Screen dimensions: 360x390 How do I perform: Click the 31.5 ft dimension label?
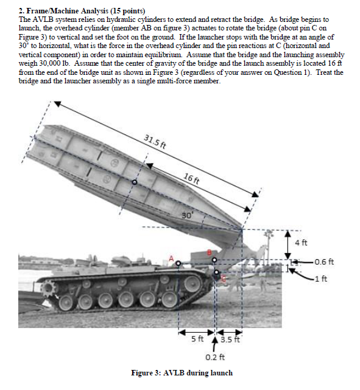click(155, 142)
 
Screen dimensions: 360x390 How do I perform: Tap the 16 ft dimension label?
click(191, 179)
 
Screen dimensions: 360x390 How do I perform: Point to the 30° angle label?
click(187, 215)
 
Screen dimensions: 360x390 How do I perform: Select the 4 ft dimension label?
click(302, 243)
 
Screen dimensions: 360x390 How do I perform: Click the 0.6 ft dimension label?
click(324, 262)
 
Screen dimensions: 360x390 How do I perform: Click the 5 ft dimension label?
click(197, 339)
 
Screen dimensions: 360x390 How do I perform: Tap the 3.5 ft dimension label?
click(230, 340)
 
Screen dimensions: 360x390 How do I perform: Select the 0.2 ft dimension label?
click(215, 357)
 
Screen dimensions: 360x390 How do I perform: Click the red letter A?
click(171, 259)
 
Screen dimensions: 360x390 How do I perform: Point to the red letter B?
click(210, 252)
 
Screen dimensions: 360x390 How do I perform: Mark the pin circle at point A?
click(178, 263)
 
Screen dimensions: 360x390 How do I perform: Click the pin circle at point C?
click(216, 272)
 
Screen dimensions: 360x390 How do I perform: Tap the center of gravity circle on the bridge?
click(135, 182)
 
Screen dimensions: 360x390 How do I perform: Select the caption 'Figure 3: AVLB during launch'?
click(182, 373)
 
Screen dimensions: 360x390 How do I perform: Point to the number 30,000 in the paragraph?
click(49, 63)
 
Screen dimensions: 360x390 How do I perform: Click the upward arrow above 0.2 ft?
click(214, 344)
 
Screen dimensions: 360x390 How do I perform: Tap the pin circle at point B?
click(214, 260)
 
